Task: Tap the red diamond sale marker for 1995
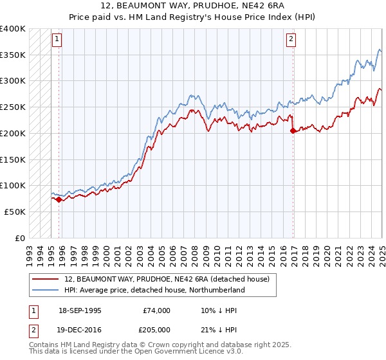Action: click(x=59, y=199)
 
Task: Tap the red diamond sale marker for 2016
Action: click(x=293, y=130)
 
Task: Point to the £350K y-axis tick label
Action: click(x=13, y=55)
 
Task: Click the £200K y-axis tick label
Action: click(x=13, y=133)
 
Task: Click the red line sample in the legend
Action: click(x=45, y=279)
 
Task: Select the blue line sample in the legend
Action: click(x=45, y=290)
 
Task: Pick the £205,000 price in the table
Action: click(x=156, y=328)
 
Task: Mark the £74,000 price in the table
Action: click(x=156, y=310)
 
